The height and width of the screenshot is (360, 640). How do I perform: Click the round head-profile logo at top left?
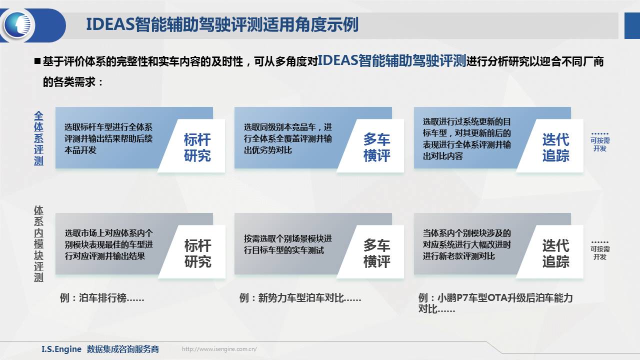[17, 25]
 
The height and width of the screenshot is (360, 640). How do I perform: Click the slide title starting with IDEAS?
[222, 24]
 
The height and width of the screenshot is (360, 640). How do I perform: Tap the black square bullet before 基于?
[37, 61]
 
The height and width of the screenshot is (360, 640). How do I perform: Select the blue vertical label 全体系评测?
[38, 138]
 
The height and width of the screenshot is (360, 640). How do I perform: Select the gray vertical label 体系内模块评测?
[38, 243]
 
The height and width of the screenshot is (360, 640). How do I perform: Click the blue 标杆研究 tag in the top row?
[197, 147]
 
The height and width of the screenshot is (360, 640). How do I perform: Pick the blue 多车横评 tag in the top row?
[376, 147]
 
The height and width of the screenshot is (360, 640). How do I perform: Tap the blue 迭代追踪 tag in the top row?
[555, 147]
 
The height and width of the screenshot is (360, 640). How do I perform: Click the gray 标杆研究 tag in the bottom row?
[197, 253]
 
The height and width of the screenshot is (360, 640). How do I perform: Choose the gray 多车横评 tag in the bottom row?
[376, 253]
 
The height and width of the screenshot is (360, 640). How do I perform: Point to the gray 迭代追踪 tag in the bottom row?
[555, 253]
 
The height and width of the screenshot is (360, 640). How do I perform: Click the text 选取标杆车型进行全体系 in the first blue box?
[108, 127]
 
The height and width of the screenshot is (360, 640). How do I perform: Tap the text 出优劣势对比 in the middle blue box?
[267, 150]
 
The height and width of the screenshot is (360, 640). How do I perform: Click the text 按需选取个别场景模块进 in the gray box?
[287, 238]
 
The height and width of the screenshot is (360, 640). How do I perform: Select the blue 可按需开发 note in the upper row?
[600, 142]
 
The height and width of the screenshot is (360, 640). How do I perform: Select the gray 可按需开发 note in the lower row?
[600, 250]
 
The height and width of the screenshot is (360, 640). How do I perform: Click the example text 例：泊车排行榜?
[102, 298]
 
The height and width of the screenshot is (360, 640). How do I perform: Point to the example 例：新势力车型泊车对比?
[300, 298]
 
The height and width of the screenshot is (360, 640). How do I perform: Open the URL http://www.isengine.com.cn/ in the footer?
[219, 349]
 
